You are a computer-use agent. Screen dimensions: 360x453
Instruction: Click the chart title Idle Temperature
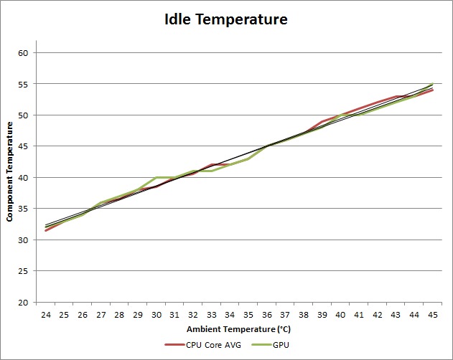pyautogui.click(x=226, y=19)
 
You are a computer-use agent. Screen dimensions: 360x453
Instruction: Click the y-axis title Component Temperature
pyautogui.click(x=10, y=171)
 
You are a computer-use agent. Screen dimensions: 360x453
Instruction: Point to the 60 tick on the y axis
pyautogui.click(x=22, y=53)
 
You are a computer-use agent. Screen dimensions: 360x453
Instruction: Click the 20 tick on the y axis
pyautogui.click(x=22, y=302)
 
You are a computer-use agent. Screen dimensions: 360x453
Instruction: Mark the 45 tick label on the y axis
pyautogui.click(x=22, y=146)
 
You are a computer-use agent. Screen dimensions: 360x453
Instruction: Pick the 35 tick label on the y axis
pyautogui.click(x=22, y=209)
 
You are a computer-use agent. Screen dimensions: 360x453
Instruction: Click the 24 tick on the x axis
pyautogui.click(x=46, y=315)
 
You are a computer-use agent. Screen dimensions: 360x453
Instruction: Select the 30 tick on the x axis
pyautogui.click(x=157, y=315)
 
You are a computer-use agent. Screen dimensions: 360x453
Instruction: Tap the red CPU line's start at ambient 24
pyautogui.click(x=46, y=230)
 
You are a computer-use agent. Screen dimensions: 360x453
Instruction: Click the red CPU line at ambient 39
pyautogui.click(x=322, y=121)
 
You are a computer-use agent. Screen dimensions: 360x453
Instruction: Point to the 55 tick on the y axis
pyautogui.click(x=22, y=84)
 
